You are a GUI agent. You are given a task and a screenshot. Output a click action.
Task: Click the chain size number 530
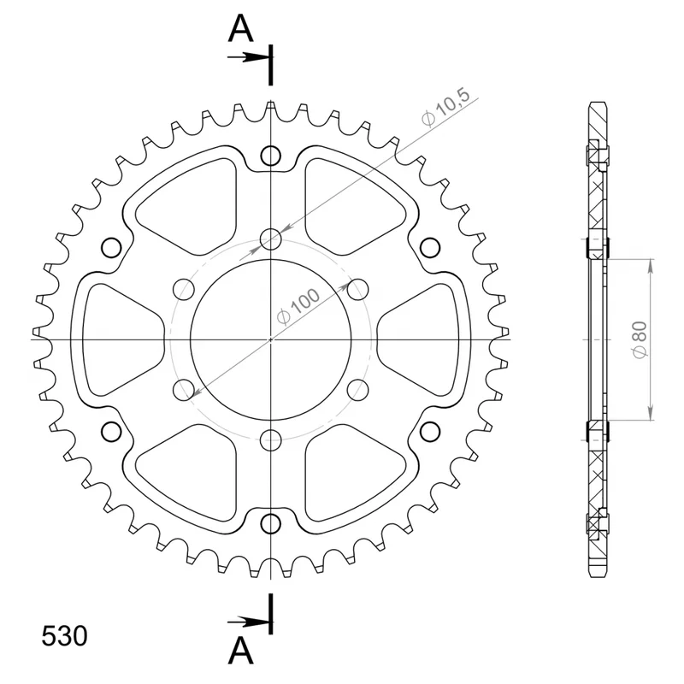(64, 636)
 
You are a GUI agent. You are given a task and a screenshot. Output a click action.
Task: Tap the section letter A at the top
(240, 28)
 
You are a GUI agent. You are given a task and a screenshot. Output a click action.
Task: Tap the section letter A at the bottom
(240, 651)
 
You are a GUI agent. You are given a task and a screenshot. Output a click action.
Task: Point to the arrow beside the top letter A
(247, 57)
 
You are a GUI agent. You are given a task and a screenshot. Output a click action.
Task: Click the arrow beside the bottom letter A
(247, 622)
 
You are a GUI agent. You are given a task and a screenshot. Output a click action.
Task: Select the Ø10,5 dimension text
(445, 107)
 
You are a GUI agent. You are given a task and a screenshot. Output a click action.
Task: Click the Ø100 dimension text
(298, 307)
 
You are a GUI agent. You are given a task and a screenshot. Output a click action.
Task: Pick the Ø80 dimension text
(640, 339)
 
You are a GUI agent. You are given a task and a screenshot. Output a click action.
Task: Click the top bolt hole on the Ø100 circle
(270, 239)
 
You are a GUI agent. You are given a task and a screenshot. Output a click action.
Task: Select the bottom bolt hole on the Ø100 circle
(270, 440)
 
